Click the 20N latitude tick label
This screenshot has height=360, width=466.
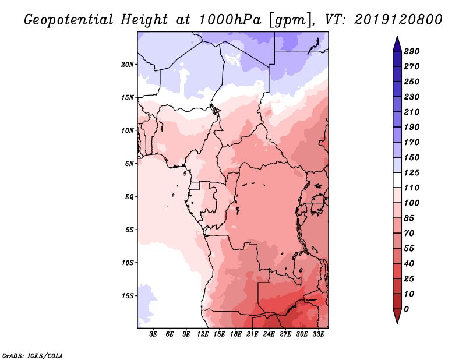pyautogui.click(x=128, y=65)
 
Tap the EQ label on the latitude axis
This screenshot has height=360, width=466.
pyautogui.click(x=129, y=197)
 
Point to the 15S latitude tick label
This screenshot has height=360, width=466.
pyautogui.click(x=128, y=296)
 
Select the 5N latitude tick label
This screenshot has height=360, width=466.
pyautogui.click(x=129, y=164)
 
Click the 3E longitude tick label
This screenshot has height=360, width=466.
pyautogui.click(x=154, y=334)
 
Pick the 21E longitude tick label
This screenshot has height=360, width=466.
pyautogui.click(x=252, y=334)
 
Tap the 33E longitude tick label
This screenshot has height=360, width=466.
pyautogui.click(x=318, y=334)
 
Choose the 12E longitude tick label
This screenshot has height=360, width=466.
pyautogui.click(x=203, y=334)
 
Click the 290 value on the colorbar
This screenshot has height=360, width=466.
pyautogui.click(x=412, y=51)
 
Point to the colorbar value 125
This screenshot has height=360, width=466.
pyautogui.click(x=412, y=172)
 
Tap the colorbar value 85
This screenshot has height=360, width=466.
pyautogui.click(x=409, y=218)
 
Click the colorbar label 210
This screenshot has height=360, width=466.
pyautogui.click(x=412, y=112)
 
